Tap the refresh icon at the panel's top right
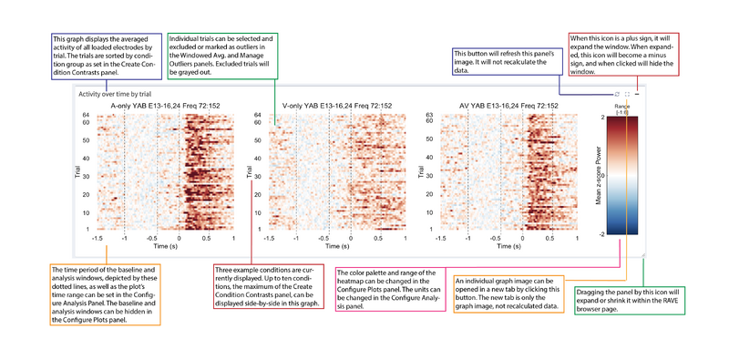coord(618,94)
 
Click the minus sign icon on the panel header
coord(638,94)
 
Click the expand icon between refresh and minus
coord(628,94)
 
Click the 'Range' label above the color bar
coord(622,106)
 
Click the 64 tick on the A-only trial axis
coord(84,115)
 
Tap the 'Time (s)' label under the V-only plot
coord(336,246)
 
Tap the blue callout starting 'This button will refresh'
coord(506,60)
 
